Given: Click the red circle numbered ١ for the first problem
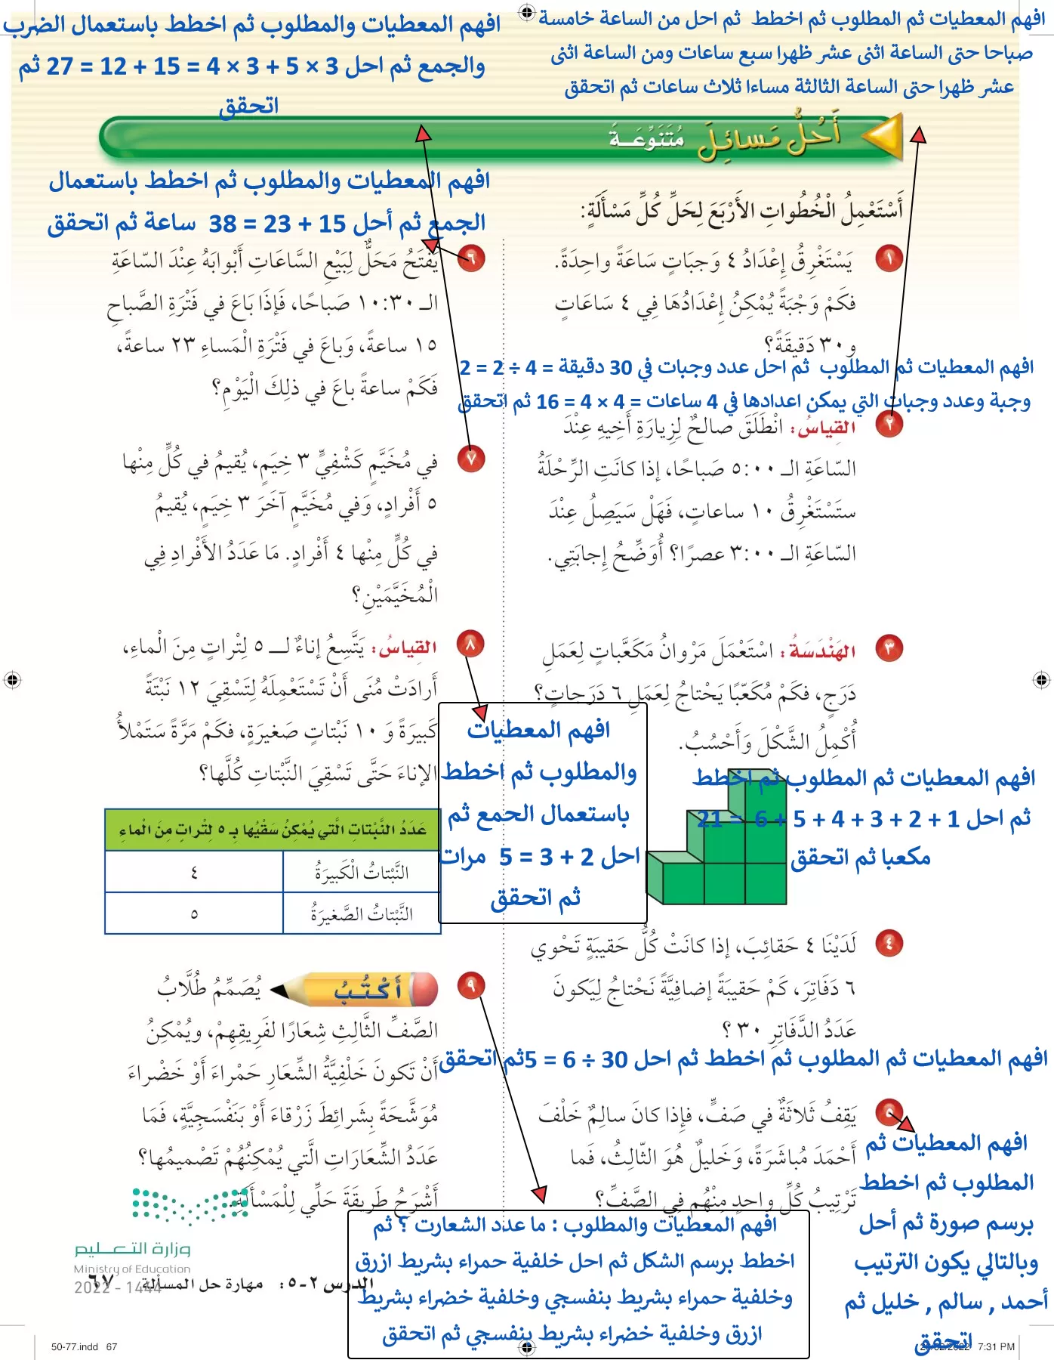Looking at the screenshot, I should (889, 259).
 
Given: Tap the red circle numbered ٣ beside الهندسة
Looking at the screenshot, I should (889, 648).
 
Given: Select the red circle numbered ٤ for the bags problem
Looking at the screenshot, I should (889, 943).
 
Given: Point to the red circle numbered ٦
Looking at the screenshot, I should (472, 259).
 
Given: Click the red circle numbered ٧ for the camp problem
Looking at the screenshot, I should (472, 459).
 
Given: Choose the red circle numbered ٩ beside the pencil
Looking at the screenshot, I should (472, 985).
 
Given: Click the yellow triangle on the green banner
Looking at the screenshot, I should (883, 137).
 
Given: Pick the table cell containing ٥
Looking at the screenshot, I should (194, 914).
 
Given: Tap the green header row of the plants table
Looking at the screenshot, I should (273, 830).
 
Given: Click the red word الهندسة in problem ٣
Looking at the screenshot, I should (822, 651).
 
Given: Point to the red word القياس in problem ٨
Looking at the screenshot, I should (408, 648).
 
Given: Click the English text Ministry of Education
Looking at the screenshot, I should (132, 1269).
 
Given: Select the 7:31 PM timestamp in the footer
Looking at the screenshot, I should (996, 1346).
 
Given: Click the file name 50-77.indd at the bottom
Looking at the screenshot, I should (75, 1346).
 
